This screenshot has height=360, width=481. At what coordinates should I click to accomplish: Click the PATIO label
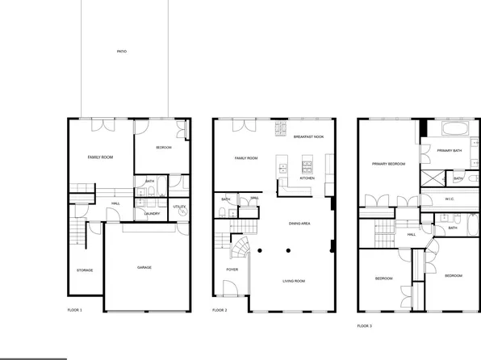(121, 52)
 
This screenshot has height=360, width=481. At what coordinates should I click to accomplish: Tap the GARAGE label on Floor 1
(144, 267)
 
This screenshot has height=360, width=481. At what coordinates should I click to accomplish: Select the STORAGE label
(84, 270)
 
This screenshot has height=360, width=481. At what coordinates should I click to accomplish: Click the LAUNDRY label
(152, 214)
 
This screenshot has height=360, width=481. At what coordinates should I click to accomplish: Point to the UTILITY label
(179, 207)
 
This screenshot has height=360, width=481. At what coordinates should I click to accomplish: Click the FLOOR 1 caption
(74, 309)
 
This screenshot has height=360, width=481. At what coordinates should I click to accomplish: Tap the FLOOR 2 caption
(220, 310)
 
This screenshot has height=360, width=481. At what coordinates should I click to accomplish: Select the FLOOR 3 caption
(365, 325)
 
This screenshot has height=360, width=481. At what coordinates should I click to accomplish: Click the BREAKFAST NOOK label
(308, 137)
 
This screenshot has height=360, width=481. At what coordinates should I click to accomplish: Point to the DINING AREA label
(299, 224)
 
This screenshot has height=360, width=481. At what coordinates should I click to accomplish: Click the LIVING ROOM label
(293, 281)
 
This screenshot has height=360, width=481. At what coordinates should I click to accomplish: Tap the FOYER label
(232, 269)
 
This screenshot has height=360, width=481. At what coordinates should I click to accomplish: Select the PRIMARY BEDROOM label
(388, 164)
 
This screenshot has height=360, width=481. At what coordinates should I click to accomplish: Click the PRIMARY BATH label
(449, 151)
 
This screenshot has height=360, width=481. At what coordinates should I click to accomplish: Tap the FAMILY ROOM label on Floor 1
(100, 157)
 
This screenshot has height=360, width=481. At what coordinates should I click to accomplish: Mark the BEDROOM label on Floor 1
(164, 148)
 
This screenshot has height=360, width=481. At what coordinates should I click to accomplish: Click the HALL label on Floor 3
(412, 235)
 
